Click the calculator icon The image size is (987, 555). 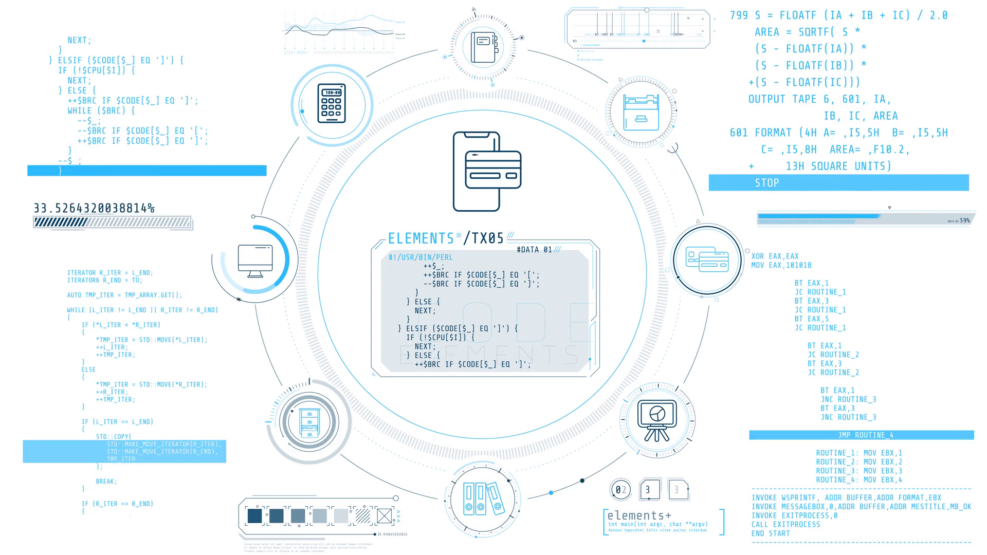332,103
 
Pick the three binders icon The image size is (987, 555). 483,499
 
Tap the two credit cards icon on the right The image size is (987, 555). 707,260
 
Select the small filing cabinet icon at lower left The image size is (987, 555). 309,422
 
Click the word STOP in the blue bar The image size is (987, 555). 766,183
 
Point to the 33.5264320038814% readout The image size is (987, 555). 94,208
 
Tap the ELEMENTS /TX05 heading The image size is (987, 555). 446,238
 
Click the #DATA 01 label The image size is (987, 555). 534,250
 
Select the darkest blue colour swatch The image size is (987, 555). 254,515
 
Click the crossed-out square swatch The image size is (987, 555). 384,515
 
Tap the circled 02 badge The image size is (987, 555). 620,490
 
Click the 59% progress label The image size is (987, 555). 965,220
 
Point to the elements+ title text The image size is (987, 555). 639,515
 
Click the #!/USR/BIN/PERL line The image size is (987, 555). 421,257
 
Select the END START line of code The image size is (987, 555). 771,533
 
